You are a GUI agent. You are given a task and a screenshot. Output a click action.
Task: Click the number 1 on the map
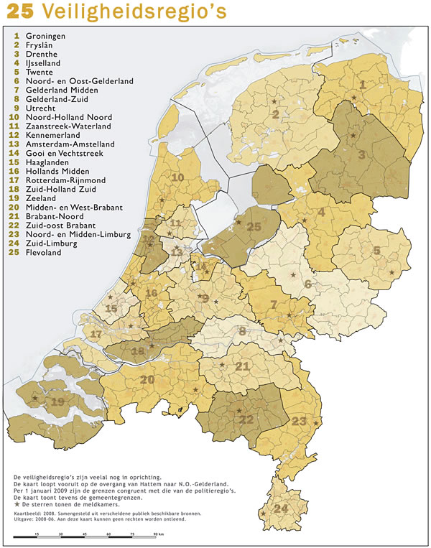362,85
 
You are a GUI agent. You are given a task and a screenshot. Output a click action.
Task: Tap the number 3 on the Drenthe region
362,154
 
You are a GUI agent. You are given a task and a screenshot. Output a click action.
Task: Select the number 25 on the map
253,227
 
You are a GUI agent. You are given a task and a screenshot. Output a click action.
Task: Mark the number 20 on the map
148,379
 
